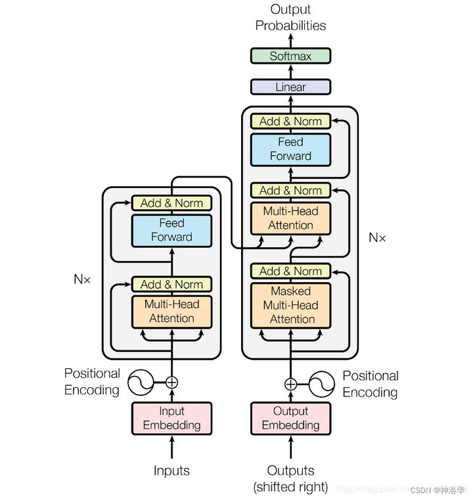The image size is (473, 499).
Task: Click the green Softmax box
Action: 290,56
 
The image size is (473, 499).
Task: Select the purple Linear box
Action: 290,87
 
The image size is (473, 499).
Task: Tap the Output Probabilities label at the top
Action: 290,18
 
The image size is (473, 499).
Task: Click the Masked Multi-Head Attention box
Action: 290,305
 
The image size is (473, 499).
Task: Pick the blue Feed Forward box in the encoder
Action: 171,230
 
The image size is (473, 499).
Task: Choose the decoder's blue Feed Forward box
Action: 290,149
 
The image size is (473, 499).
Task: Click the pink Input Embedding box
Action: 172,418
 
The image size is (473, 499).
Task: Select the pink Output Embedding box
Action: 290,418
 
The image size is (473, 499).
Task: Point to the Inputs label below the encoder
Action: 171,471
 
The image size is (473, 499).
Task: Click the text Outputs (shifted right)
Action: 290,479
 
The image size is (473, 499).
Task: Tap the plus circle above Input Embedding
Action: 172,381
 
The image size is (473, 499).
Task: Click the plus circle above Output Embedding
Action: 290,384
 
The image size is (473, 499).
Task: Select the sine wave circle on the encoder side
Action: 140,381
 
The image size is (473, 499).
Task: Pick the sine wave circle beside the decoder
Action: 322,384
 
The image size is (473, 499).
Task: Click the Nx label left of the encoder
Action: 82,279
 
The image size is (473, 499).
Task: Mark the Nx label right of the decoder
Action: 377,237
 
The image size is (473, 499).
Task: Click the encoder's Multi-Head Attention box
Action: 171,312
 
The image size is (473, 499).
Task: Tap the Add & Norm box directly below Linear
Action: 290,121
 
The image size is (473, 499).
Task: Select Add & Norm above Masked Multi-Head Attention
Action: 290,271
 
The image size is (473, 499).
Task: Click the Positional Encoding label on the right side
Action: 371,384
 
